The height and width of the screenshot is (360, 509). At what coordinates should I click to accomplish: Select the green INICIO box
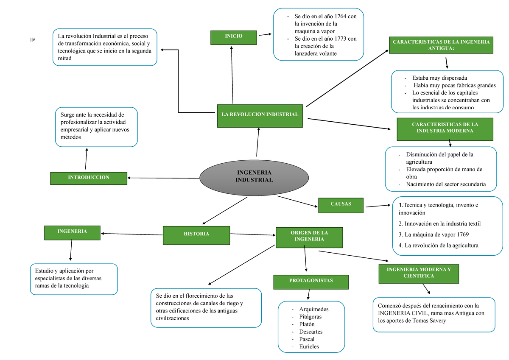234,37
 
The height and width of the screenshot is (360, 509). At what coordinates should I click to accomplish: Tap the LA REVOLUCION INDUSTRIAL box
260,115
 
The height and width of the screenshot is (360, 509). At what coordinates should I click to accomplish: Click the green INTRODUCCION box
88,178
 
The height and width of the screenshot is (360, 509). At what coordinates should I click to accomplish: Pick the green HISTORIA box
196,235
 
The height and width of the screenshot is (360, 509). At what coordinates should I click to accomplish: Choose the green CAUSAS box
341,205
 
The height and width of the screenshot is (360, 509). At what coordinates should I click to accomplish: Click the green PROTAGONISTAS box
311,281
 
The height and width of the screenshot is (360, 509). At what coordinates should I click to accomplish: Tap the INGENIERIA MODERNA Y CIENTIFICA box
419,273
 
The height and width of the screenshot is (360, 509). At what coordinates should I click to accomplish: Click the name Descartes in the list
310,332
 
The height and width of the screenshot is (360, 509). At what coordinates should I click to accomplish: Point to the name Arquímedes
313,309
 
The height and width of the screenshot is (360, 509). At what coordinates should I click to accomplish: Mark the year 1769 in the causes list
460,234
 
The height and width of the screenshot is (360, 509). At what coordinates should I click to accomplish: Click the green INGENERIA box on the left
72,232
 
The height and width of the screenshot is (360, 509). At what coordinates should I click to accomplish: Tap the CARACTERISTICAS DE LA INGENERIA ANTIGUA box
441,45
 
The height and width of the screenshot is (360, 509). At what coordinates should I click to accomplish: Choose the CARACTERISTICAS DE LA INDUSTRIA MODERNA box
445,128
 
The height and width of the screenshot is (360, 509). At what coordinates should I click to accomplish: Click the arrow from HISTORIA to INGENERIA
131,234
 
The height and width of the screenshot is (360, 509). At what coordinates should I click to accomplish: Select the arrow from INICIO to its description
266,35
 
